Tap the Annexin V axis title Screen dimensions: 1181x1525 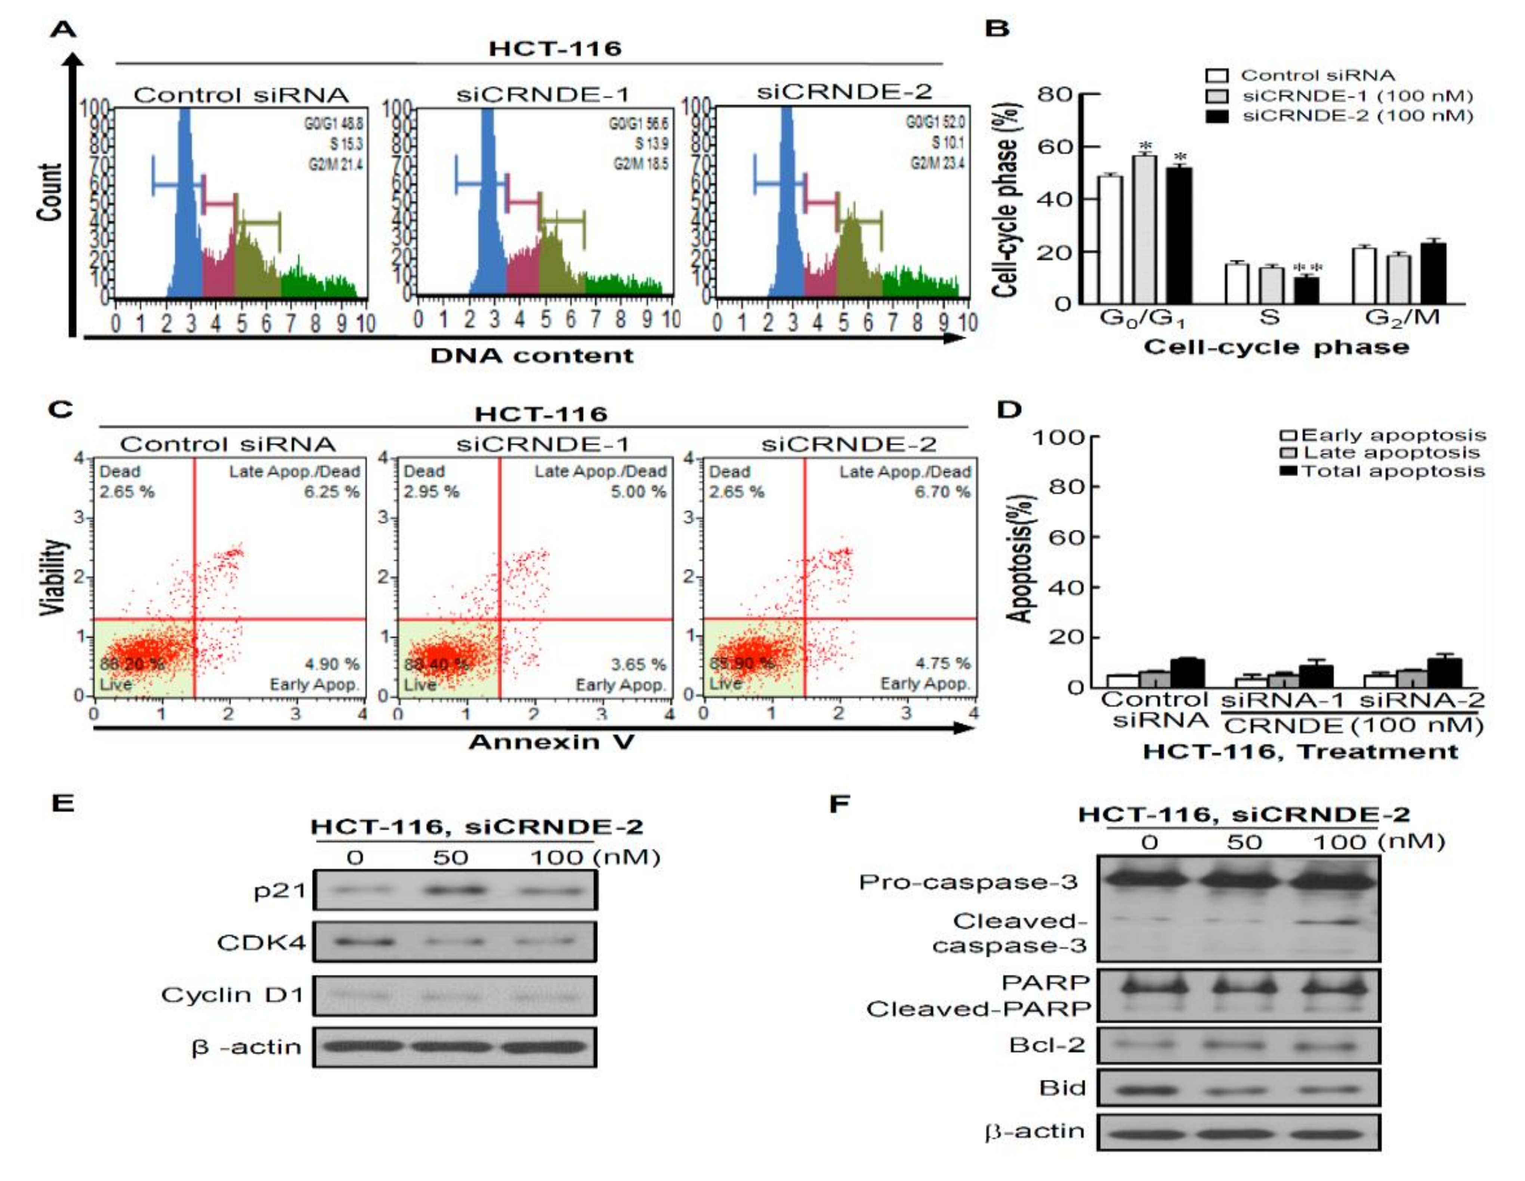pyautogui.click(x=552, y=742)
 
